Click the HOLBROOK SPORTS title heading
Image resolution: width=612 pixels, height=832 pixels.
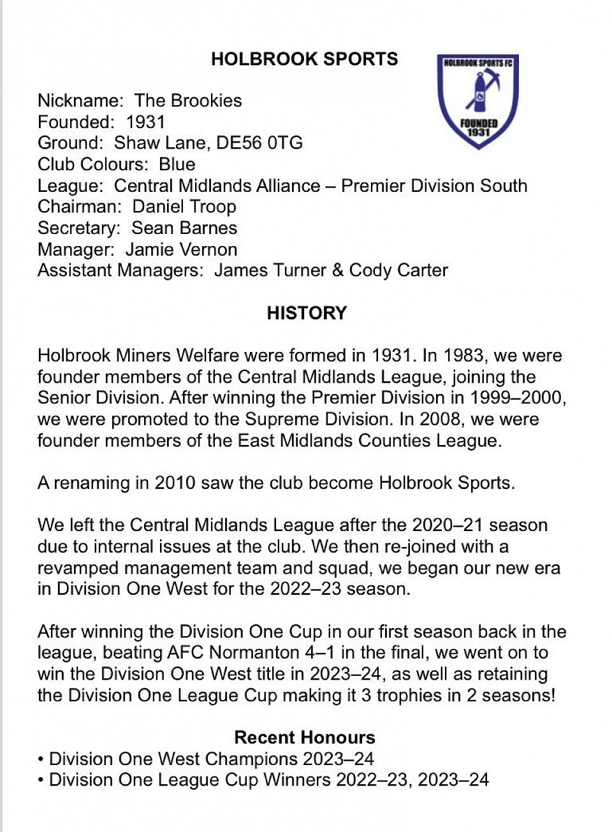(304, 59)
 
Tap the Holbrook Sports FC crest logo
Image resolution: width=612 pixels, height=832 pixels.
(478, 100)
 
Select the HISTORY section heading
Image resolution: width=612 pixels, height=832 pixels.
(307, 313)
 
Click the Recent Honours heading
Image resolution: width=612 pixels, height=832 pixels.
(305, 738)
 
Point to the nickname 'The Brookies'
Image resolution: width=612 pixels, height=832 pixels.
(188, 101)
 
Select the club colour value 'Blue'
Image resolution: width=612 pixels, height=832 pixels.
(177, 164)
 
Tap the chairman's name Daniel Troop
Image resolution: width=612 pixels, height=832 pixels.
(184, 207)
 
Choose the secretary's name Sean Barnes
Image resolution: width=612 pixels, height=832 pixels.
(184, 228)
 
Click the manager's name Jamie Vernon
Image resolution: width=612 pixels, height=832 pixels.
(181, 249)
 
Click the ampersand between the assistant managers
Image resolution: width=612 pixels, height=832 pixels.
(338, 270)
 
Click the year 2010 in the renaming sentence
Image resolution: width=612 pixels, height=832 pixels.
(175, 483)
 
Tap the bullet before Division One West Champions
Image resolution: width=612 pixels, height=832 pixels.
(41, 759)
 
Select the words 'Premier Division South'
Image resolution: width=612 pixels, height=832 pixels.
(434, 186)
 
